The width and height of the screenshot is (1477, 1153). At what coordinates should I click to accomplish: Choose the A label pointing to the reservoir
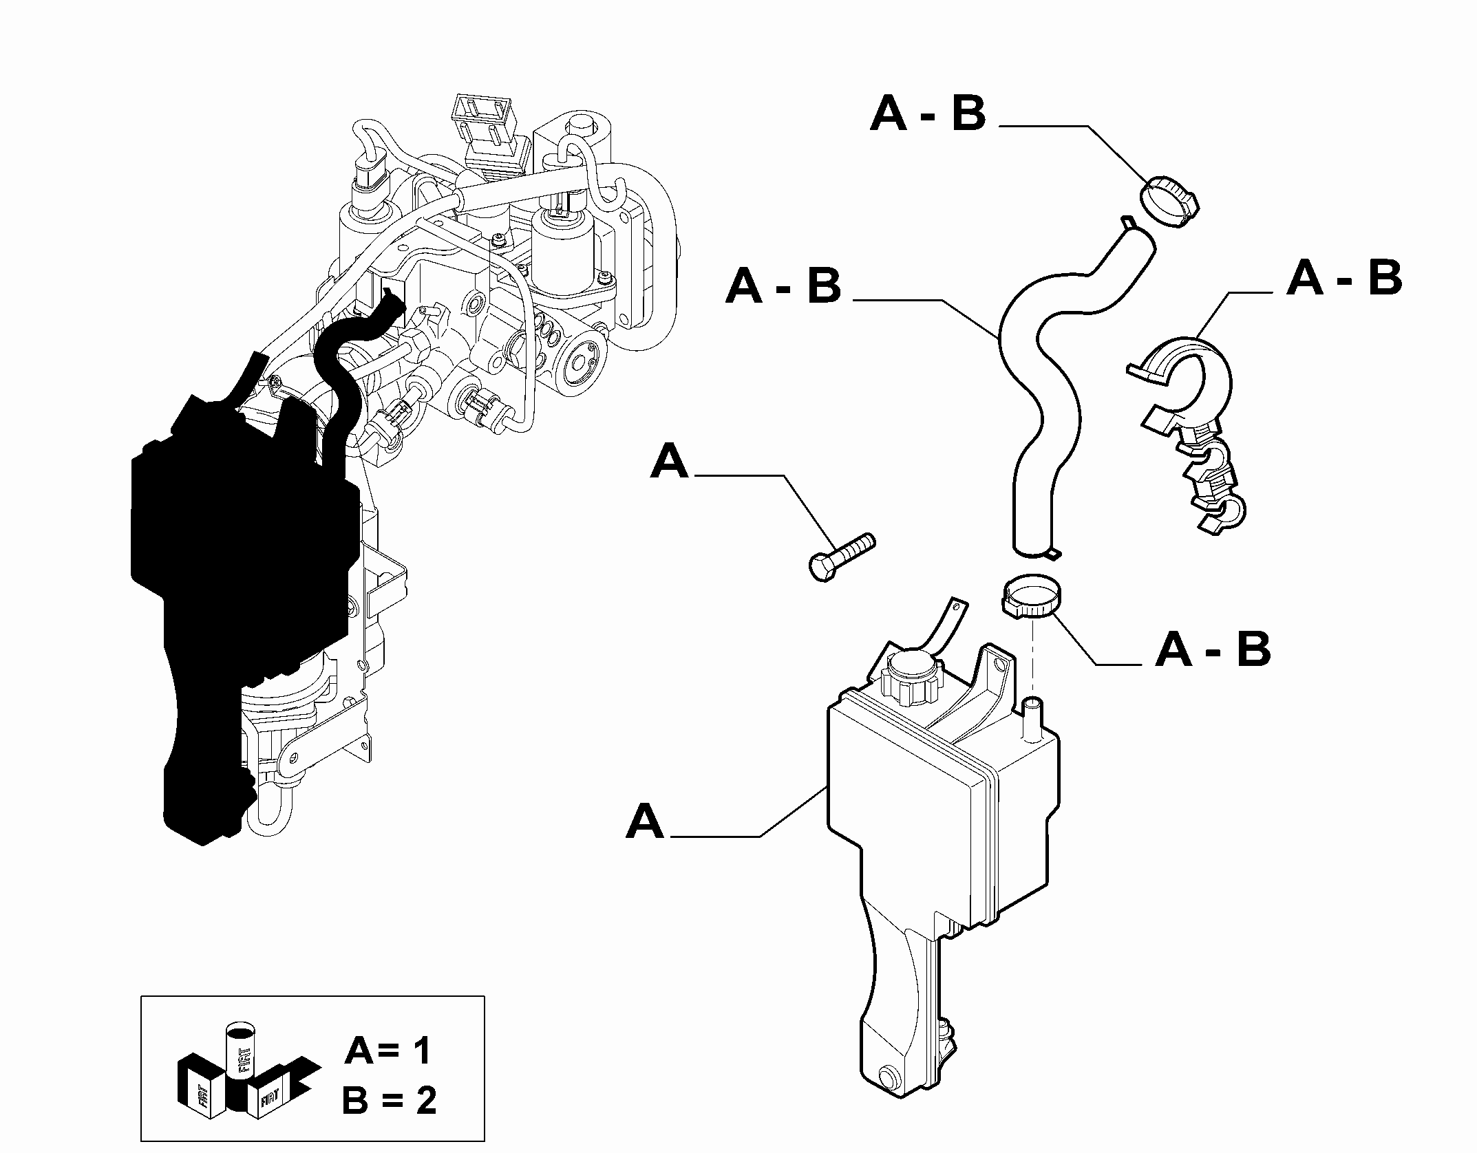pyautogui.click(x=645, y=821)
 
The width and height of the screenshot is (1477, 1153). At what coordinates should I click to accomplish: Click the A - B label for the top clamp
pyautogui.click(x=928, y=114)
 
